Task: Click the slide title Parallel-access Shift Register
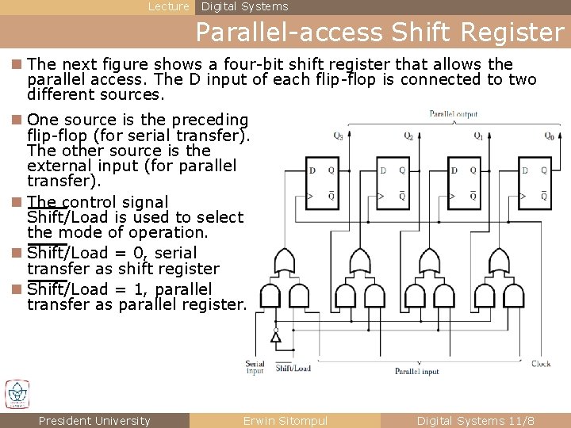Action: pyautogui.click(x=379, y=32)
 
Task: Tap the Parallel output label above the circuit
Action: pyautogui.click(x=454, y=114)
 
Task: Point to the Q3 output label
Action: pyautogui.click(x=339, y=136)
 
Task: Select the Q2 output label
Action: pyautogui.click(x=408, y=136)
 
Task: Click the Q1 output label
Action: pyautogui.click(x=478, y=136)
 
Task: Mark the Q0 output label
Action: pyautogui.click(x=549, y=136)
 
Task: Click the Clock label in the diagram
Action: pyautogui.click(x=541, y=364)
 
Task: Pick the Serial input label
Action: pyautogui.click(x=255, y=367)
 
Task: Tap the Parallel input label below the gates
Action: pyautogui.click(x=417, y=371)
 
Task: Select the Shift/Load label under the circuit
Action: pyautogui.click(x=293, y=368)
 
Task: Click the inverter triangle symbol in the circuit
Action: pyautogui.click(x=275, y=337)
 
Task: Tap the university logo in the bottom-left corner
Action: pyautogui.click(x=17, y=394)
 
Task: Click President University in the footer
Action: pyautogui.click(x=94, y=421)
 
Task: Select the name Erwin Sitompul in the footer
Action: pyautogui.click(x=285, y=421)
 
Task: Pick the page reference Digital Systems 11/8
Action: pyautogui.click(x=476, y=421)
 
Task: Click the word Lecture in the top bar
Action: pyautogui.click(x=169, y=6)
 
